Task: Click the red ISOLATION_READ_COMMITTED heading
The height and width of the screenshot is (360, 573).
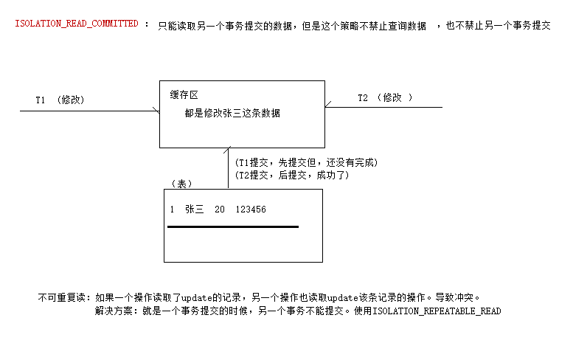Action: pyautogui.click(x=77, y=24)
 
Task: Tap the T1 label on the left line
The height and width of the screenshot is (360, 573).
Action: pyautogui.click(x=41, y=100)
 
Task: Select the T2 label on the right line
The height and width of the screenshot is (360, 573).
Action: pyautogui.click(x=363, y=97)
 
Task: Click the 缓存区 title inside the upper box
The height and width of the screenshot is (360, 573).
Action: pyautogui.click(x=184, y=95)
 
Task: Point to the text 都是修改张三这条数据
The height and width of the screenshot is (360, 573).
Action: pyautogui.click(x=232, y=113)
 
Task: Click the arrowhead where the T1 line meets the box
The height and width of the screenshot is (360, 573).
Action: pyautogui.click(x=157, y=111)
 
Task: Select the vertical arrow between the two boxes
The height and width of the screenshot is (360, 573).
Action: pyautogui.click(x=228, y=167)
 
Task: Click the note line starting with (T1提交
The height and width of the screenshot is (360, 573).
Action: pyautogui.click(x=306, y=162)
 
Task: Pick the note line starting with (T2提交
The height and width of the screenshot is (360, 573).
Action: pyautogui.click(x=292, y=175)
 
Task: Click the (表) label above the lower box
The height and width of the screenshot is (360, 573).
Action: pyautogui.click(x=181, y=184)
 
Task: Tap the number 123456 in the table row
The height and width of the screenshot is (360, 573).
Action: pyautogui.click(x=251, y=210)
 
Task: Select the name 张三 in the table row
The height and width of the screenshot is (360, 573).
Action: pyautogui.click(x=195, y=209)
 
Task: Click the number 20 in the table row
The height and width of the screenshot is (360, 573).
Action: pyautogui.click(x=219, y=210)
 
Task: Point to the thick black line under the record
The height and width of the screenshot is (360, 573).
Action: pyautogui.click(x=233, y=227)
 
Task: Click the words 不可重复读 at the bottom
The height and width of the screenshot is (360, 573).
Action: pyautogui.click(x=61, y=297)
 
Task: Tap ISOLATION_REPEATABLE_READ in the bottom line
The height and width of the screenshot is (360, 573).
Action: pyautogui.click(x=437, y=311)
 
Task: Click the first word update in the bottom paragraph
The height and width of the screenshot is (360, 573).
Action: pyautogui.click(x=197, y=298)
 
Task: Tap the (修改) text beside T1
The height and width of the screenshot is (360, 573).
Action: pyautogui.click(x=71, y=100)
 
